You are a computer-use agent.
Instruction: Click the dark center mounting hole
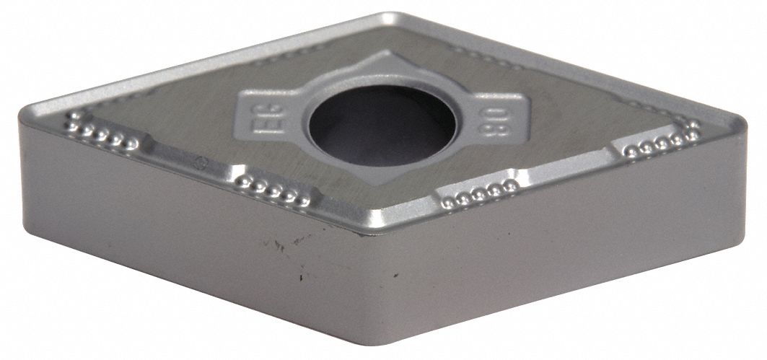(x=382, y=126)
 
